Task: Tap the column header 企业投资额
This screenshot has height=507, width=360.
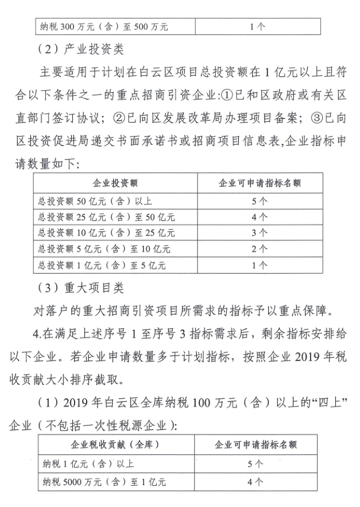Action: coord(115,184)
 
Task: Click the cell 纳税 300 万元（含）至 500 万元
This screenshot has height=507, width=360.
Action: coord(103,26)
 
